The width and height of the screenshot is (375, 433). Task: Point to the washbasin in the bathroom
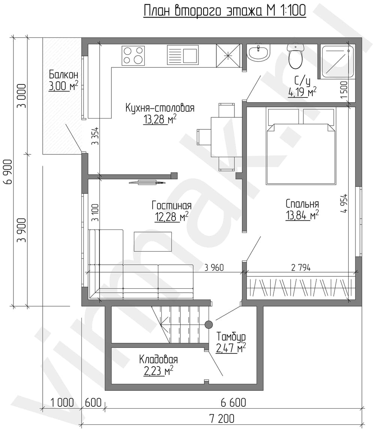point(258,53)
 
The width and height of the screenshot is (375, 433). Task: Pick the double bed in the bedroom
point(301,146)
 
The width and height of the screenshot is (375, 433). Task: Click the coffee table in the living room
point(153,242)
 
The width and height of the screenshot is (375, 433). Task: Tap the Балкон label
point(63,75)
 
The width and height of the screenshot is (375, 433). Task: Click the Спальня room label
point(302,204)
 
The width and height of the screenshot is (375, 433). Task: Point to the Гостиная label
point(171,205)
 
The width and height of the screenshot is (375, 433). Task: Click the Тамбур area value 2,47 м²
point(231,349)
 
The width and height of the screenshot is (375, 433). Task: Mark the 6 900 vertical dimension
point(8,172)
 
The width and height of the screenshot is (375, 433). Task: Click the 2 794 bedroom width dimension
point(301,268)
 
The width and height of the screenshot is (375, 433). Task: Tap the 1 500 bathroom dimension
point(344,90)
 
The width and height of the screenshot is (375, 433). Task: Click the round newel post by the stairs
point(208,324)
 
